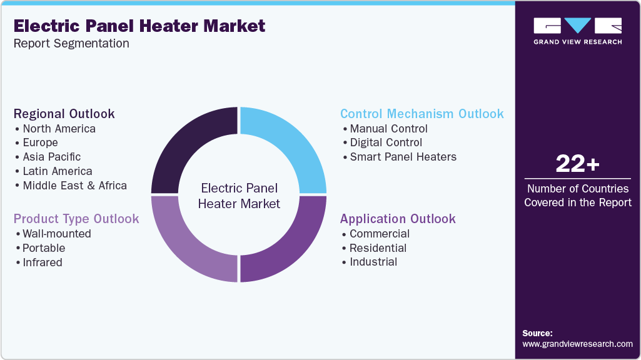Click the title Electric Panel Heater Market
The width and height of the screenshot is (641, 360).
(139, 26)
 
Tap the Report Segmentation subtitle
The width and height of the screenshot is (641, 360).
(71, 43)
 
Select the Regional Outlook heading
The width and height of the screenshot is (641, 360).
(64, 114)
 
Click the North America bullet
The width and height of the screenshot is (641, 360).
(59, 129)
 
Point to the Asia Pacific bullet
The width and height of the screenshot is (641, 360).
(51, 157)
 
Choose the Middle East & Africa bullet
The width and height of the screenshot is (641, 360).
(74, 185)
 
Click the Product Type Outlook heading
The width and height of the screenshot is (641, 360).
(76, 219)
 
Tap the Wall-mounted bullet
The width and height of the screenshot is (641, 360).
(56, 234)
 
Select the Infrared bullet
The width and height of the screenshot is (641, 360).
(42, 262)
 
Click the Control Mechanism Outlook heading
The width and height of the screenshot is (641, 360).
(421, 114)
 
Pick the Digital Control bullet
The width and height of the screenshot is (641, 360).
(386, 142)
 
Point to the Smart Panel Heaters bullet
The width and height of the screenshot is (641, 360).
(403, 157)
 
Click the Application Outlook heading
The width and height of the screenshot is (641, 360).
(398, 219)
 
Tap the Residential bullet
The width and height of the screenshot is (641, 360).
(378, 247)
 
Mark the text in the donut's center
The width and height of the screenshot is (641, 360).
(239, 196)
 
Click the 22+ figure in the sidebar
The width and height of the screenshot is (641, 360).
(577, 164)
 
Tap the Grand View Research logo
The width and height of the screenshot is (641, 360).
(577, 31)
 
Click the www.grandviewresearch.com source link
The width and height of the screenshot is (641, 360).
(577, 344)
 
